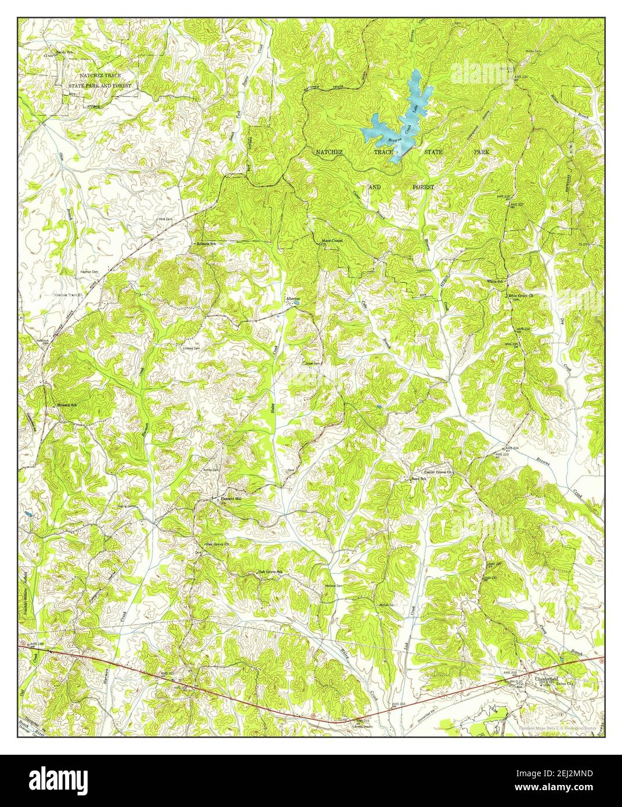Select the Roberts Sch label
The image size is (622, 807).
point(206,244)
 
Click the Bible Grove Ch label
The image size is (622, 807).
point(520,296)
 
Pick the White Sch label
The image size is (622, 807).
point(495,281)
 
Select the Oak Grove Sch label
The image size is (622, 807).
point(270,572)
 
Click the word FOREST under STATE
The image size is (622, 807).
point(423,188)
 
